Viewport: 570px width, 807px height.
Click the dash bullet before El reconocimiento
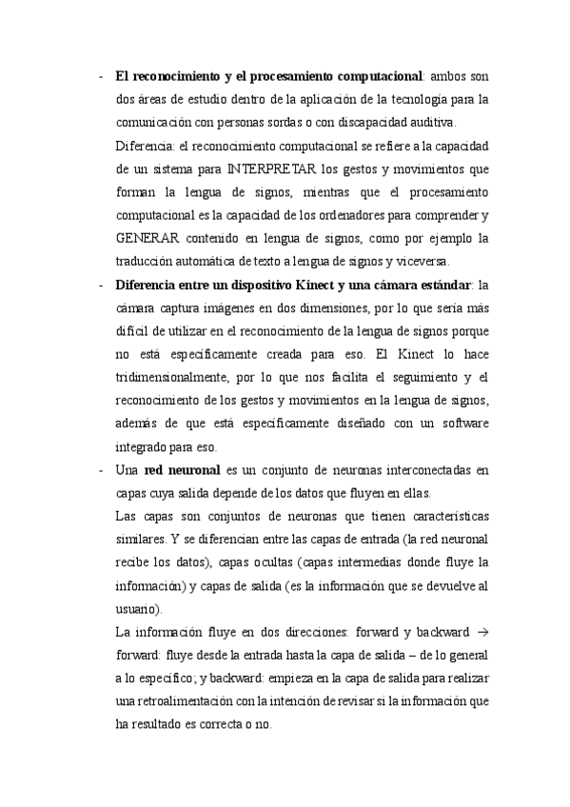(101, 76)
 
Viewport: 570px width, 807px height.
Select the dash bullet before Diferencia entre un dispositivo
(101, 285)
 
